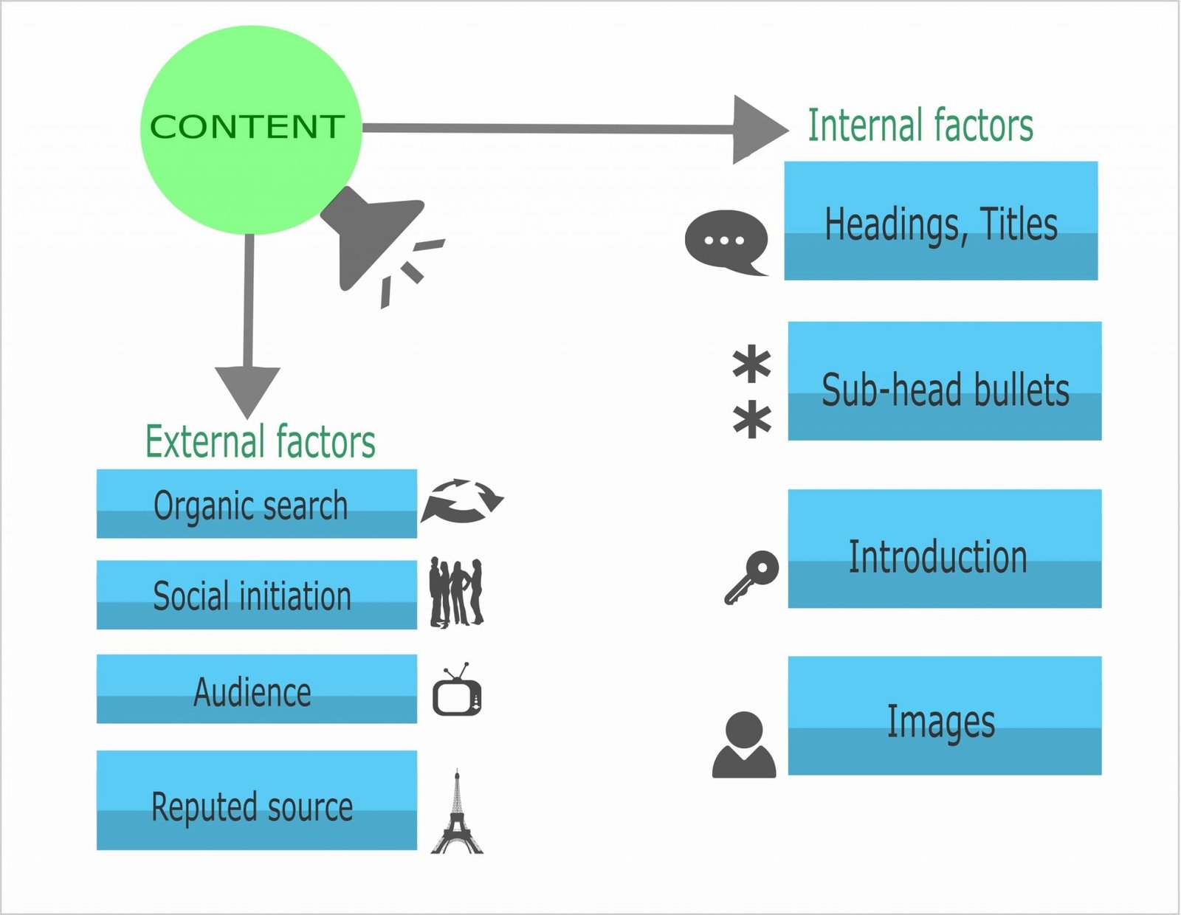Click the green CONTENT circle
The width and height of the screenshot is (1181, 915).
pos(250,129)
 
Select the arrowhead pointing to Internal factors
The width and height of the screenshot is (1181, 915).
pos(757,129)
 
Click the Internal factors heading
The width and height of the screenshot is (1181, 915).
pos(920,125)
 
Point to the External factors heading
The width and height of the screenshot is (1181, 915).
pos(260,442)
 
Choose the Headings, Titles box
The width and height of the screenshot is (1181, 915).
pos(940,221)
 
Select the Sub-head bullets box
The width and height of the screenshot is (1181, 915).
pos(944,381)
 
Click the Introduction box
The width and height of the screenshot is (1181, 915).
pos(944,548)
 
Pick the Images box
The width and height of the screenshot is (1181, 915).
pos(944,715)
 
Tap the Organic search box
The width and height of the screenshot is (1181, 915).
pos(256,504)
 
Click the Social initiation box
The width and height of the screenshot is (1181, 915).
pos(256,595)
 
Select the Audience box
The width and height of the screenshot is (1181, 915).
pos(256,688)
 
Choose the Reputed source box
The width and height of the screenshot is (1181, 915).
pos(256,800)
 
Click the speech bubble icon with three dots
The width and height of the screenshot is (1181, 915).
pos(726,241)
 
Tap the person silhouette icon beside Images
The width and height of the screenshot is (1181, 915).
pos(744,745)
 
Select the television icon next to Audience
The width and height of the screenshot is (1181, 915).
pos(457,692)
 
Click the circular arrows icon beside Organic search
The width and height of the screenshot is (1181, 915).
pos(462,501)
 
